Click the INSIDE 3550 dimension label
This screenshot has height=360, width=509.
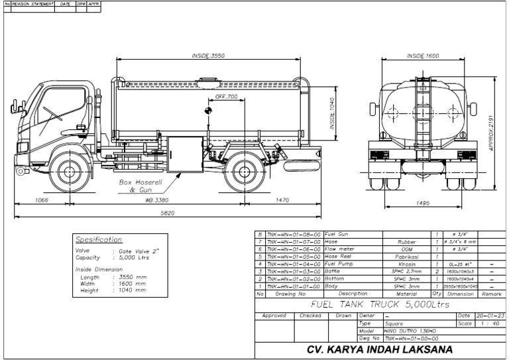208,56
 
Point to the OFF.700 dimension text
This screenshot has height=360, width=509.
226,97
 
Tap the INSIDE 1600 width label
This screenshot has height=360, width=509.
423,56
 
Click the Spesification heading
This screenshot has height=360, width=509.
99,239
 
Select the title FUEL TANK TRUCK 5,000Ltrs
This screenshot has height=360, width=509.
373,304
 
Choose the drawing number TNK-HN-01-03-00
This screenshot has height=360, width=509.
293,271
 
